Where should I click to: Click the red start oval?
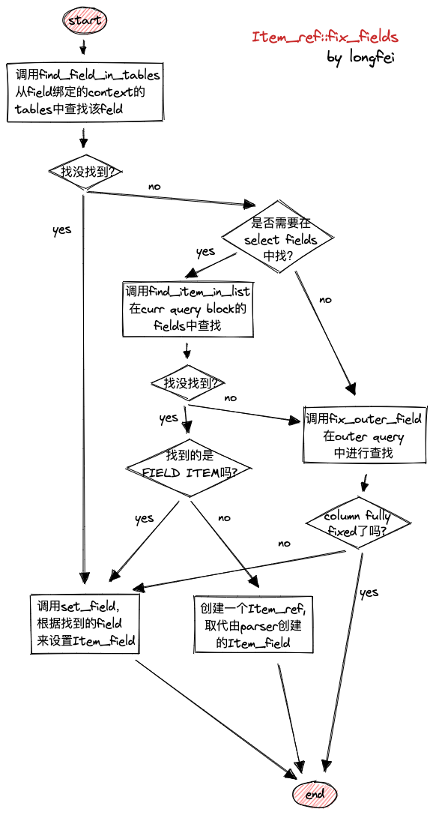[x=85, y=21]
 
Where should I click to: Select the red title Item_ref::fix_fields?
[x=324, y=37]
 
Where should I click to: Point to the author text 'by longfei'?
[x=360, y=58]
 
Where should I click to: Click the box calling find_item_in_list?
[x=187, y=309]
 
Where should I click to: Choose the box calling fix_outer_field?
[x=363, y=436]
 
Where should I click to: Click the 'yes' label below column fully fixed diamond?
[x=369, y=593]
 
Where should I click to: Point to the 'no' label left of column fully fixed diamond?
[x=284, y=543]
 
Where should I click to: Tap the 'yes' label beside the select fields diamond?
[x=205, y=252]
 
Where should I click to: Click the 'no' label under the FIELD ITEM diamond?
[x=224, y=517]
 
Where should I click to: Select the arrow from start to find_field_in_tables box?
[x=83, y=46]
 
